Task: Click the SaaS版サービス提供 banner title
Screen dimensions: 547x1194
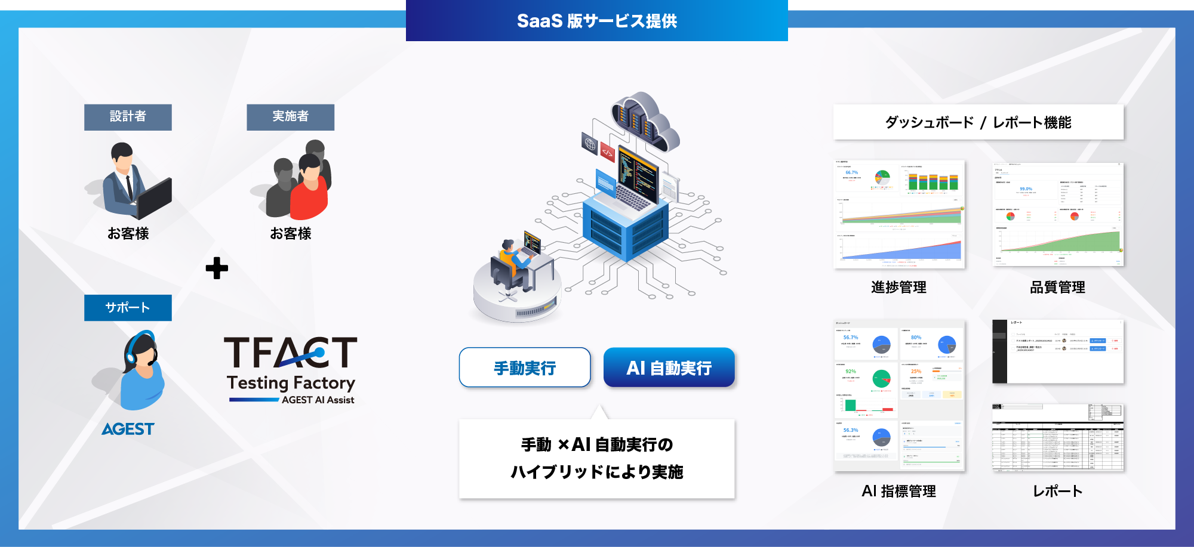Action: point(597,21)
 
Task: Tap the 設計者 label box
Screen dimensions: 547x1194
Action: point(128,117)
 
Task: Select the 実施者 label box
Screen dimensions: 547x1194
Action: point(290,117)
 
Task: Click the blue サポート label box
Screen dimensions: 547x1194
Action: point(128,308)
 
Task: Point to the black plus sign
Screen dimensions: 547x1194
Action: point(217,268)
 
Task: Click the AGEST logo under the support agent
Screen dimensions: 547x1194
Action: point(128,429)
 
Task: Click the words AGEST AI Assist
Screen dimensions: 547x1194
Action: point(318,400)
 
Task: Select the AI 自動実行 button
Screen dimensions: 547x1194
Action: point(669,368)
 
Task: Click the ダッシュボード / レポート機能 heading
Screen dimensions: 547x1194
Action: point(978,122)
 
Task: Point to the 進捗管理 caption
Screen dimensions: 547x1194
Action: point(898,288)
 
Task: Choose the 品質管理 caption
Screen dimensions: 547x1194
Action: point(1057,288)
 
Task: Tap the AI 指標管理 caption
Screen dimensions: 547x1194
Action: point(898,492)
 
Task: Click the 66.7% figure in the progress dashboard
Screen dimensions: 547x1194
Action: point(851,172)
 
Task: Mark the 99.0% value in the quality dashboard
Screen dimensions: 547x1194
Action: point(1026,188)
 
